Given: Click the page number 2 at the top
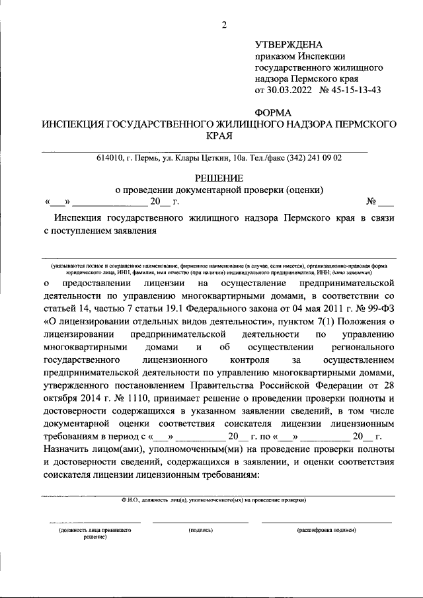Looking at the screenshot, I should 224,26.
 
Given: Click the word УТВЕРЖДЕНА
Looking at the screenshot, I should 289,45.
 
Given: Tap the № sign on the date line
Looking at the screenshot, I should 371,202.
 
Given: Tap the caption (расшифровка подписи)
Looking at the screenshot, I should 327,530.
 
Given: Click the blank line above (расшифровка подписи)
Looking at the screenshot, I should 327,522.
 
